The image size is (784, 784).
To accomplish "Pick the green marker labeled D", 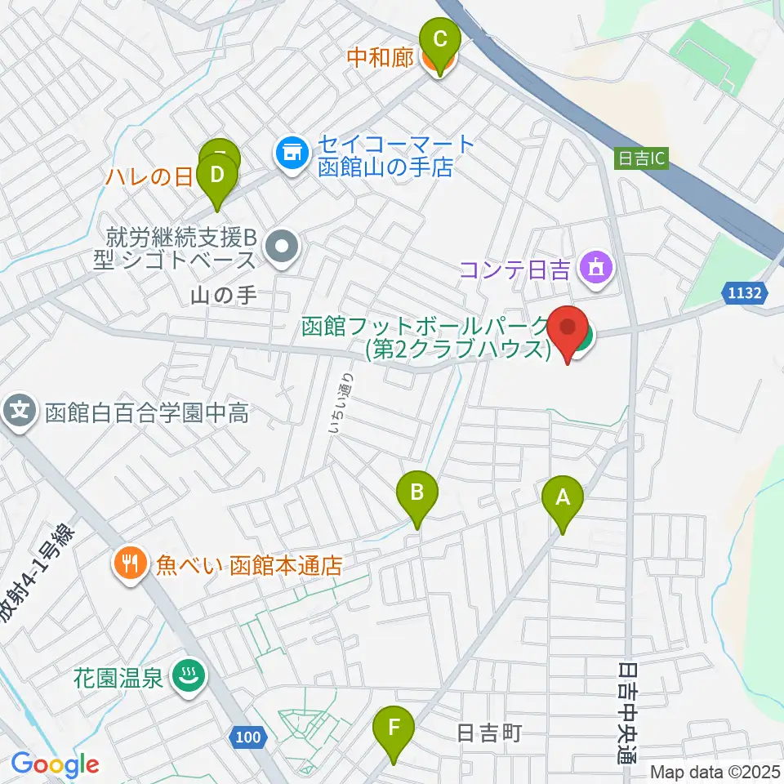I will point(217,176).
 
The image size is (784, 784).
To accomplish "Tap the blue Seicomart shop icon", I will point(291,152).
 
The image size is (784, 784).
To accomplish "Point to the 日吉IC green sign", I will point(641,159).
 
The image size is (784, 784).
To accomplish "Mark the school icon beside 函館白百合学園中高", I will point(20,409).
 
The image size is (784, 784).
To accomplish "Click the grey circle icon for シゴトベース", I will point(283,243).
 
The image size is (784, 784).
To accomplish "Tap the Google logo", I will point(55,764).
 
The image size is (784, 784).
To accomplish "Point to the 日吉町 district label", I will point(488,733).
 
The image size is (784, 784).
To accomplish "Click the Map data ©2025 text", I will point(715,771).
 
